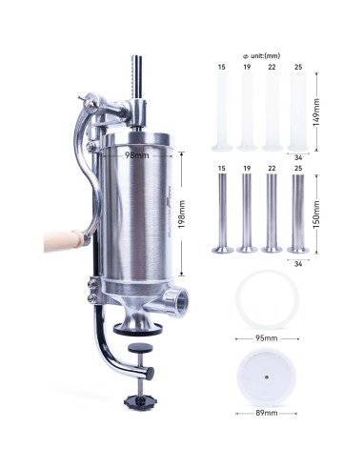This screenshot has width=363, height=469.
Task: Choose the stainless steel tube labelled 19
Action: [247, 216]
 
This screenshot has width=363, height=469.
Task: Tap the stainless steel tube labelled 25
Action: [297, 216]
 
